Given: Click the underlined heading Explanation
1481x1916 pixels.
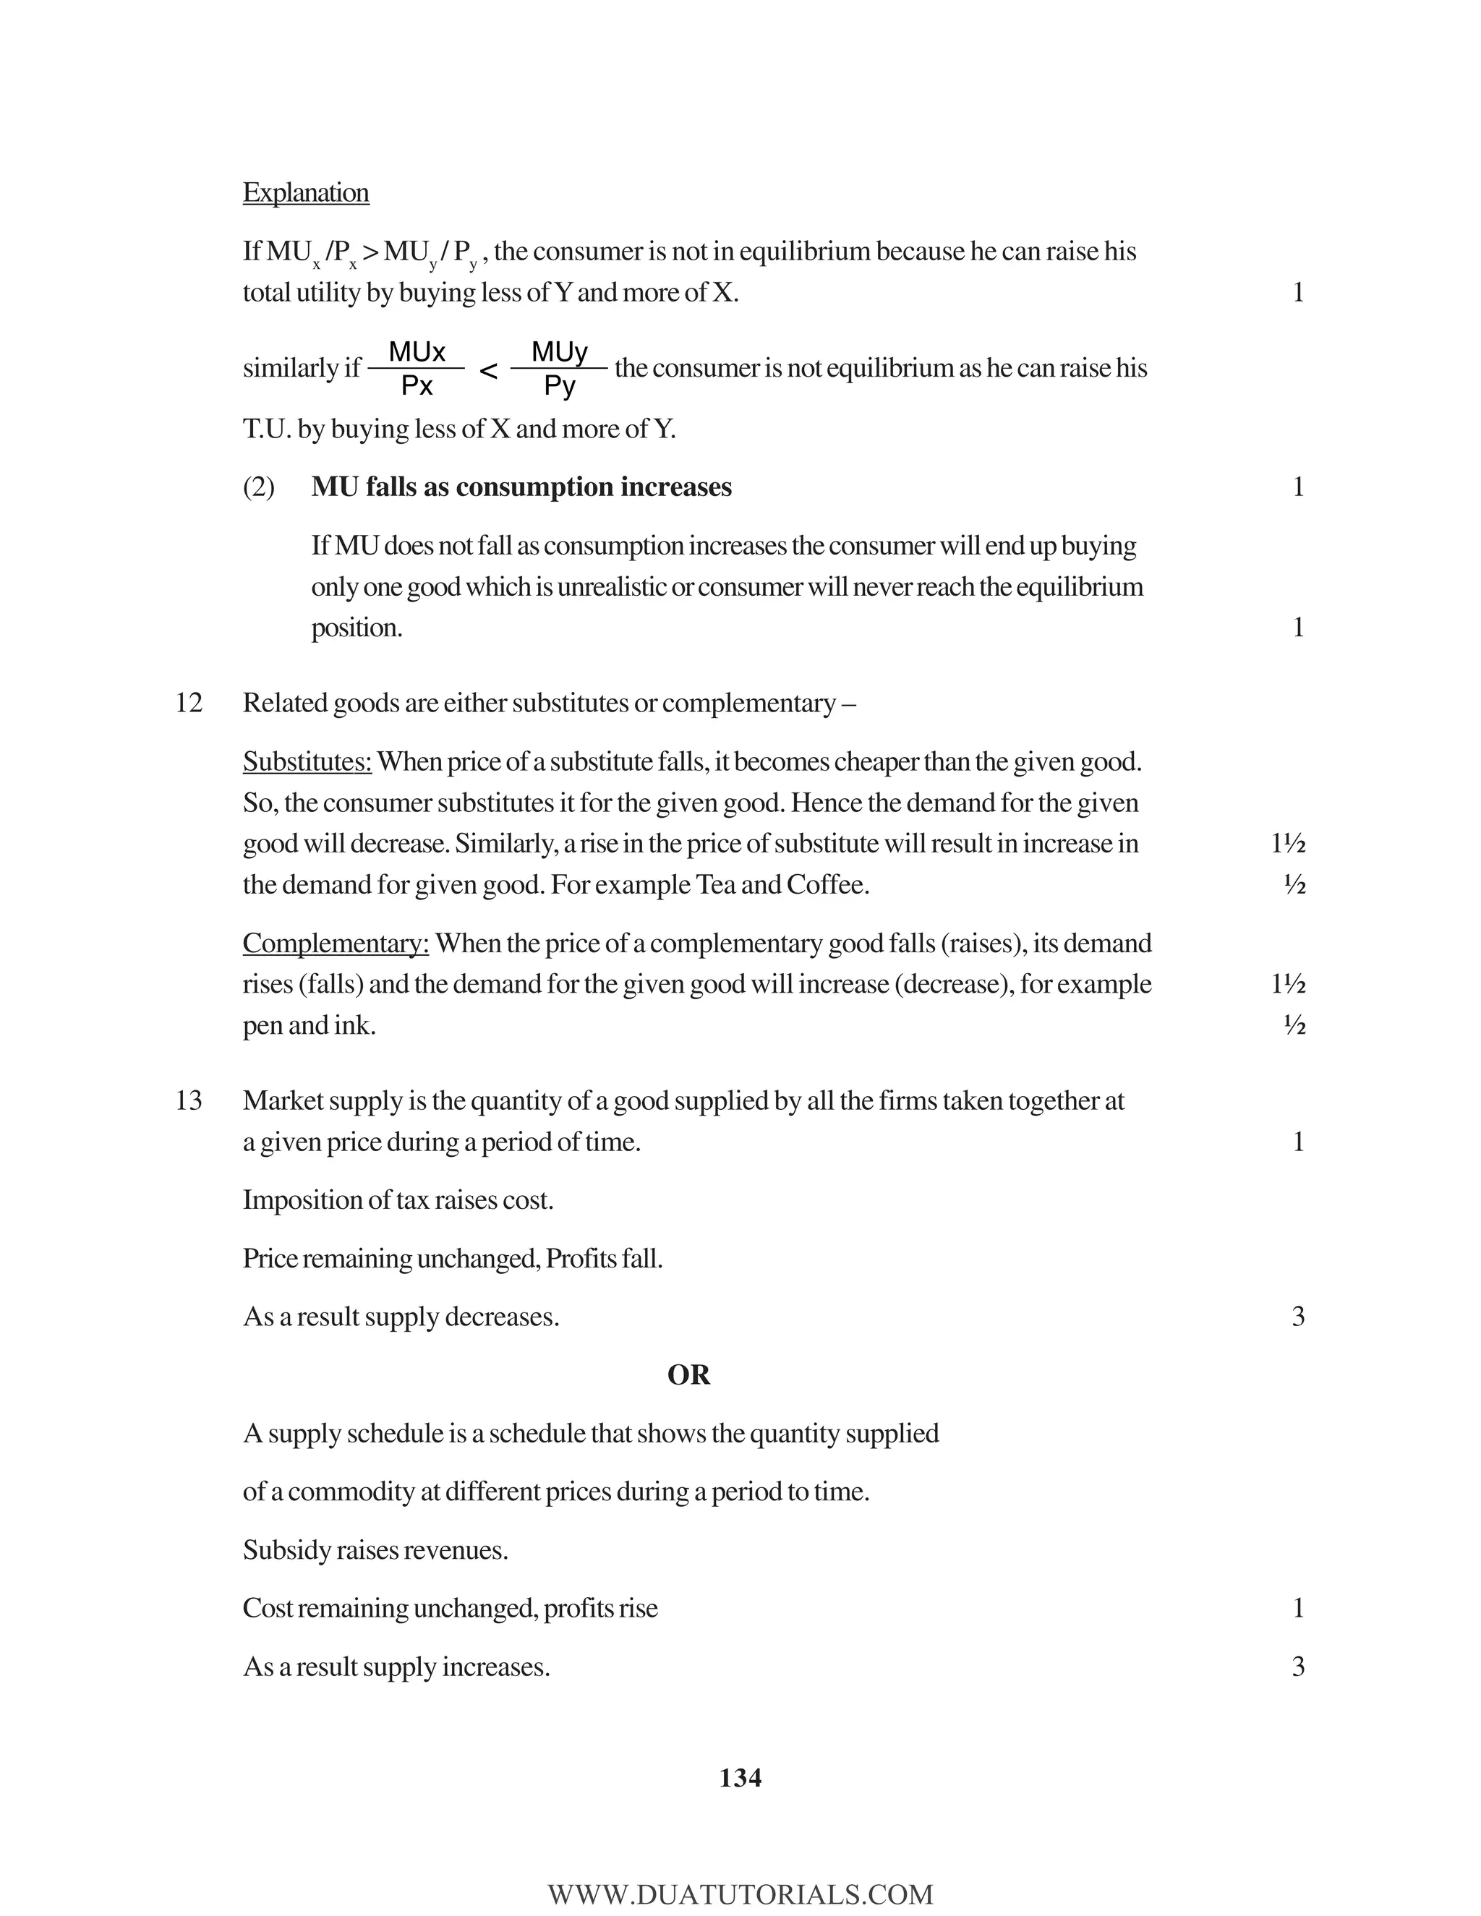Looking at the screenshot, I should click(305, 192).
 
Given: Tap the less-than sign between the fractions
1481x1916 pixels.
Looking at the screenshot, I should click(489, 372).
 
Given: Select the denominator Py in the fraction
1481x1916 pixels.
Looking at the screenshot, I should click(559, 386).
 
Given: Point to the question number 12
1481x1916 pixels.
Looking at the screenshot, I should click(189, 703).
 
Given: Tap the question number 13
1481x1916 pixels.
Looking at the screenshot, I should click(189, 1100).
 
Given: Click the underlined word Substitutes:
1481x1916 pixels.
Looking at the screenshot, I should click(307, 761).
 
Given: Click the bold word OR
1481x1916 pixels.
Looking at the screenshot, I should click(688, 1374).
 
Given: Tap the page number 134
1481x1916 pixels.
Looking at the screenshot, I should click(740, 1779).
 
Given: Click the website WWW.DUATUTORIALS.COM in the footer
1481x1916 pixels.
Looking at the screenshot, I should click(740, 1894).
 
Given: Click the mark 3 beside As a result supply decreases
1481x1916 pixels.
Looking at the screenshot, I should click(1297, 1317).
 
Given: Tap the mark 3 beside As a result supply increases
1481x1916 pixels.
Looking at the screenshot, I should click(1297, 1667).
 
